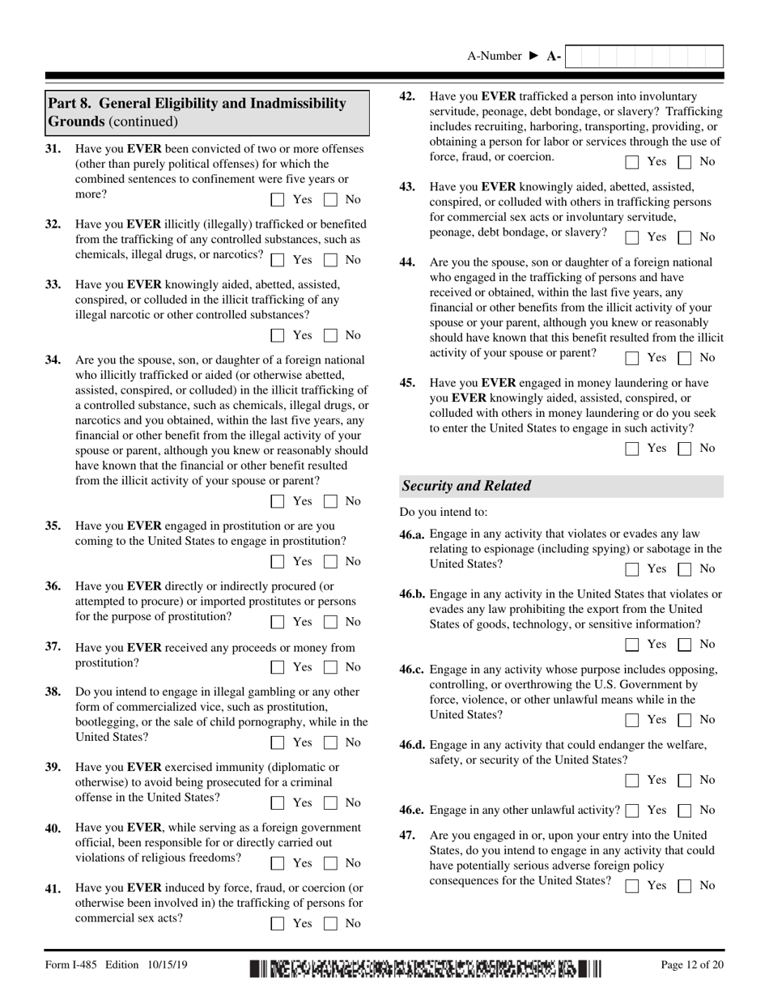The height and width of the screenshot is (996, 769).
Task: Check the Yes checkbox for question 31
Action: tap(278, 199)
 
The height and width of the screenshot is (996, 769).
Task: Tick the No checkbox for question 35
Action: tap(330, 561)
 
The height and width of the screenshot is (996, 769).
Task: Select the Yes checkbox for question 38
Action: tap(278, 743)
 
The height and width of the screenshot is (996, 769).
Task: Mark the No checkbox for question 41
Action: tap(330, 923)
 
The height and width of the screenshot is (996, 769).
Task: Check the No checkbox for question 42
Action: tap(685, 162)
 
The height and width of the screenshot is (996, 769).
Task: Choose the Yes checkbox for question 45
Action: tap(632, 449)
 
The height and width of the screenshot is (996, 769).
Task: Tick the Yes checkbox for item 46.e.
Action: tap(632, 811)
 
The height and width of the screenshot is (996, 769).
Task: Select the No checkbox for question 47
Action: tap(685, 886)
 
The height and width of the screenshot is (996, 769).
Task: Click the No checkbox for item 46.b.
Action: tap(685, 645)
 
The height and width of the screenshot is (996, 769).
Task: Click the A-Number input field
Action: tap(644, 57)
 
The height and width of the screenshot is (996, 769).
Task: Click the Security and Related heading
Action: tap(467, 486)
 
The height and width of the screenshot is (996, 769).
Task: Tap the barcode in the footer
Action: tap(426, 966)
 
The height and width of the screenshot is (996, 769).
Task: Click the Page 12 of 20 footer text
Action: tap(691, 964)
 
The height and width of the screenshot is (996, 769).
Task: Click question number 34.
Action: tap(53, 360)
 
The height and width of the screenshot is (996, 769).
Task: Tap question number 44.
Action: tap(408, 262)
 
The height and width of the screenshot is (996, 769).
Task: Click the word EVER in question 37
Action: tap(144, 648)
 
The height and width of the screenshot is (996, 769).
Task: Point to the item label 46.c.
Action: tap(412, 670)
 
